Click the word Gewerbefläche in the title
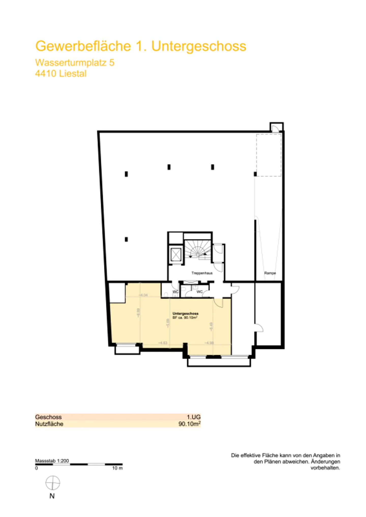(83, 46)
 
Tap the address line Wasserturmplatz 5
(74, 62)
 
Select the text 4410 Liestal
(61, 74)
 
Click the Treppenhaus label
(202, 273)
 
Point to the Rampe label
(270, 273)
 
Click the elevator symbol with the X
(176, 255)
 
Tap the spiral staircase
(198, 249)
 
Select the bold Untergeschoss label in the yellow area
(185, 314)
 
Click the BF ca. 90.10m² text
(185, 318)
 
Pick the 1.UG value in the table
(194, 417)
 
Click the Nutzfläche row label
(49, 424)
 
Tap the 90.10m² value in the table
(189, 424)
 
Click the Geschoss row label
(48, 417)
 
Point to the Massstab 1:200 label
(52, 461)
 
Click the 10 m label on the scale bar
(117, 468)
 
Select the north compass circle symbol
(53, 483)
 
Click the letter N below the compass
(52, 496)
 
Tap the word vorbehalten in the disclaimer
(325, 468)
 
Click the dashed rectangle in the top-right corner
(269, 155)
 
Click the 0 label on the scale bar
(36, 468)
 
